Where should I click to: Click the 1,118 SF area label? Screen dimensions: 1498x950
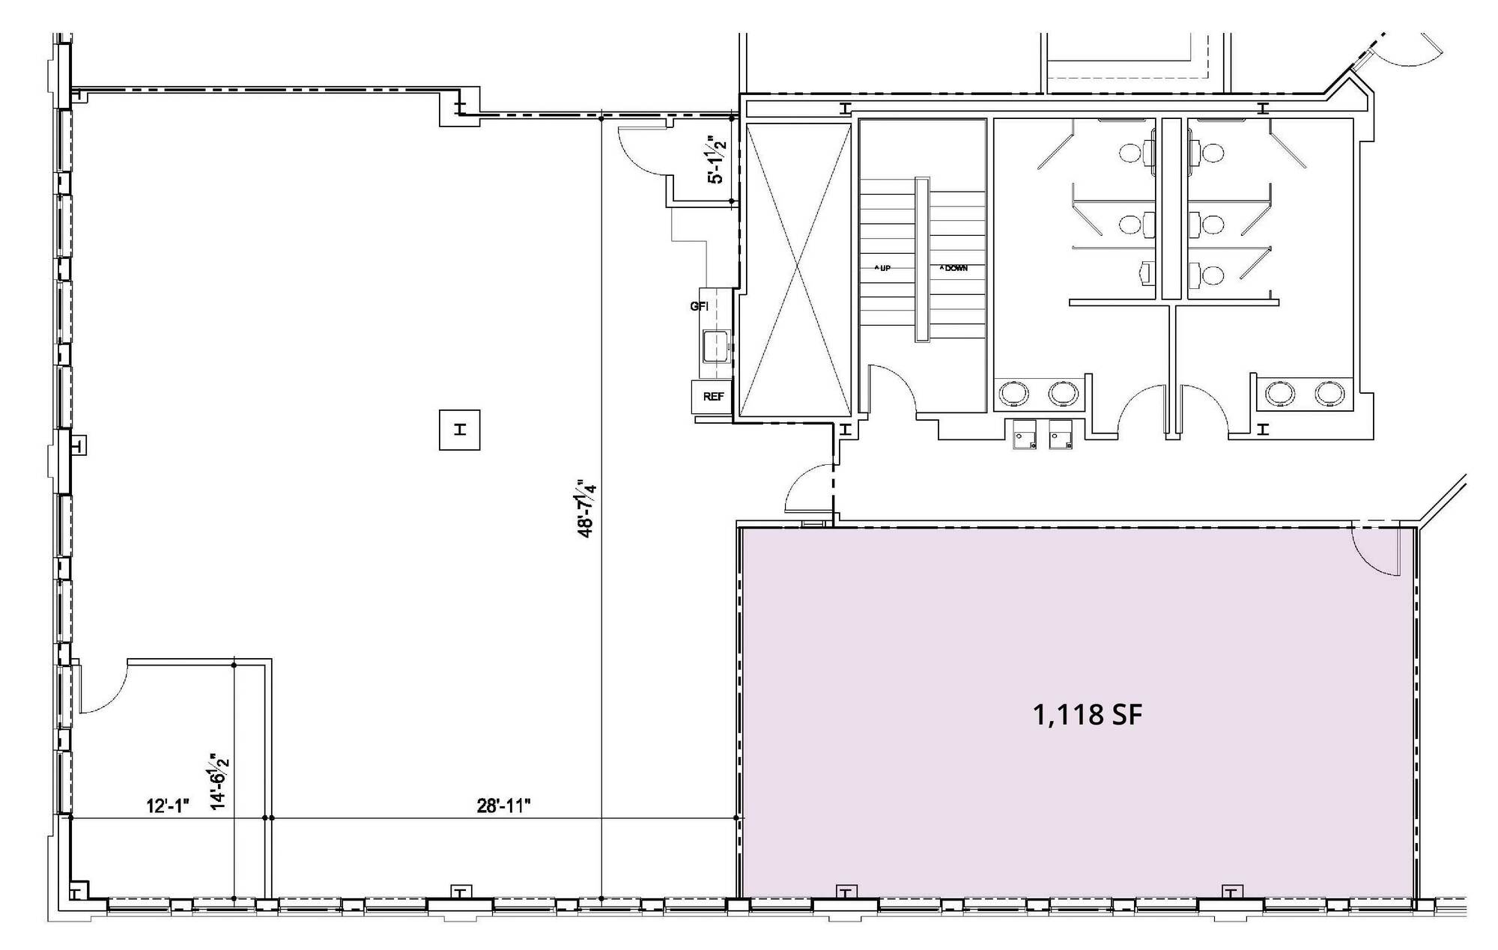[1088, 716]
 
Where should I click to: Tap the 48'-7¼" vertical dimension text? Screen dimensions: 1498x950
[586, 508]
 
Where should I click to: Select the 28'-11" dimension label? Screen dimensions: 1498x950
[504, 806]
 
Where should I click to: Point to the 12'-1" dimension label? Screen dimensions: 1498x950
[169, 806]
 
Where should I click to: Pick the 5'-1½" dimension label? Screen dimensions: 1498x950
[717, 159]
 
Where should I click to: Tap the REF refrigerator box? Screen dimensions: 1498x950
[713, 397]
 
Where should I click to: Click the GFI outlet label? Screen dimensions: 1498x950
[699, 306]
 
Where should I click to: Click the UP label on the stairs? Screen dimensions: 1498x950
[884, 268]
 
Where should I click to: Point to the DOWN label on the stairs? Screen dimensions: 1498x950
[954, 268]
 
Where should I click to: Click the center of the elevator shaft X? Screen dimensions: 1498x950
[795, 270]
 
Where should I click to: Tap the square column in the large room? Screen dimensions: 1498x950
[459, 430]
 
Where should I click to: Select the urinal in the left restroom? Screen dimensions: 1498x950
[1146, 273]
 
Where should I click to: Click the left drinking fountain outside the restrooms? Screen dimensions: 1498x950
[1024, 435]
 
